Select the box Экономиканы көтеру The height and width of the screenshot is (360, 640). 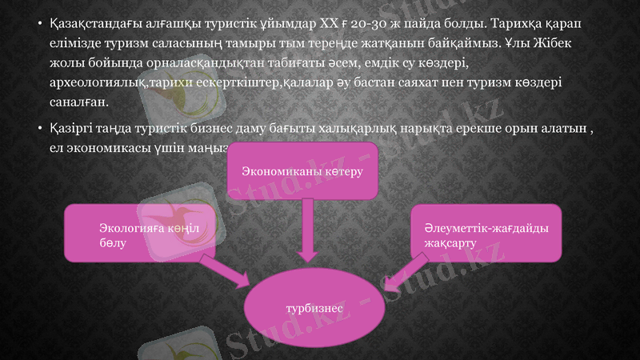[x=302, y=171]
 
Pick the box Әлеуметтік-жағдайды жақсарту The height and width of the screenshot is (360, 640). [x=486, y=234]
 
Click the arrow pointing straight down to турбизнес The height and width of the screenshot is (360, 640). [x=304, y=232]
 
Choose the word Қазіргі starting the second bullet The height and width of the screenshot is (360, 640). [x=70, y=128]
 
